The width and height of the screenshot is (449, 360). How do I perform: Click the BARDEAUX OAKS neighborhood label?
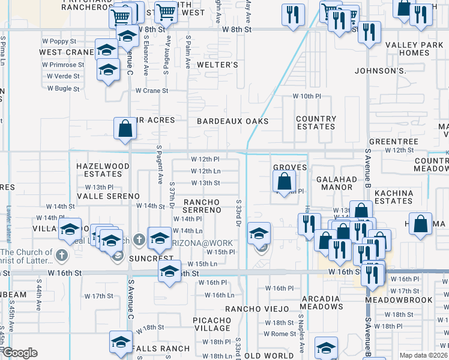tap(232, 121)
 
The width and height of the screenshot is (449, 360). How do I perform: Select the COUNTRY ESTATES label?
tap(316, 123)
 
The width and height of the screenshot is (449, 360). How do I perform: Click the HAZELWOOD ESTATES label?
tap(103, 170)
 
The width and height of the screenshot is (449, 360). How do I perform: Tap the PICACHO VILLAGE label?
tap(212, 324)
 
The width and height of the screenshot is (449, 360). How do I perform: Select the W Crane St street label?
tap(152, 91)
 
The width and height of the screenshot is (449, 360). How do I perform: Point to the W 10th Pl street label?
tap(308, 96)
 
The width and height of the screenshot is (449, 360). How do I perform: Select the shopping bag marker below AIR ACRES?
tap(124, 128)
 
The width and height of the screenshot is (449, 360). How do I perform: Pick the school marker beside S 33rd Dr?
tap(259, 233)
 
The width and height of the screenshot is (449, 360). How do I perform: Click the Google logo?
tap(20, 353)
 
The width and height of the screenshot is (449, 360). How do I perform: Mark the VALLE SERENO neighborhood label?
tap(108, 196)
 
